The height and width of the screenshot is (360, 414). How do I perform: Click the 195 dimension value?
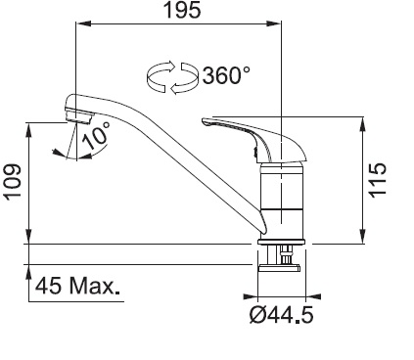(182, 10)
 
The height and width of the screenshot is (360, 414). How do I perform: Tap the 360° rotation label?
(226, 75)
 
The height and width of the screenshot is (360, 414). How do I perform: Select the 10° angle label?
(96, 136)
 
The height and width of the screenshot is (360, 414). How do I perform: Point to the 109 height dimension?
(12, 181)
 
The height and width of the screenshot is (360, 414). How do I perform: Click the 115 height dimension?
(378, 180)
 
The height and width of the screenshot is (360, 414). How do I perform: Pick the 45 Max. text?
(77, 287)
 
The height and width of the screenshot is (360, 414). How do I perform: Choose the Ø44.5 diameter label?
(281, 315)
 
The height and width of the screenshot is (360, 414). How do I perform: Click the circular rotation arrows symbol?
(172, 77)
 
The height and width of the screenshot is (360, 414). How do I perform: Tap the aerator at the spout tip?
(78, 116)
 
